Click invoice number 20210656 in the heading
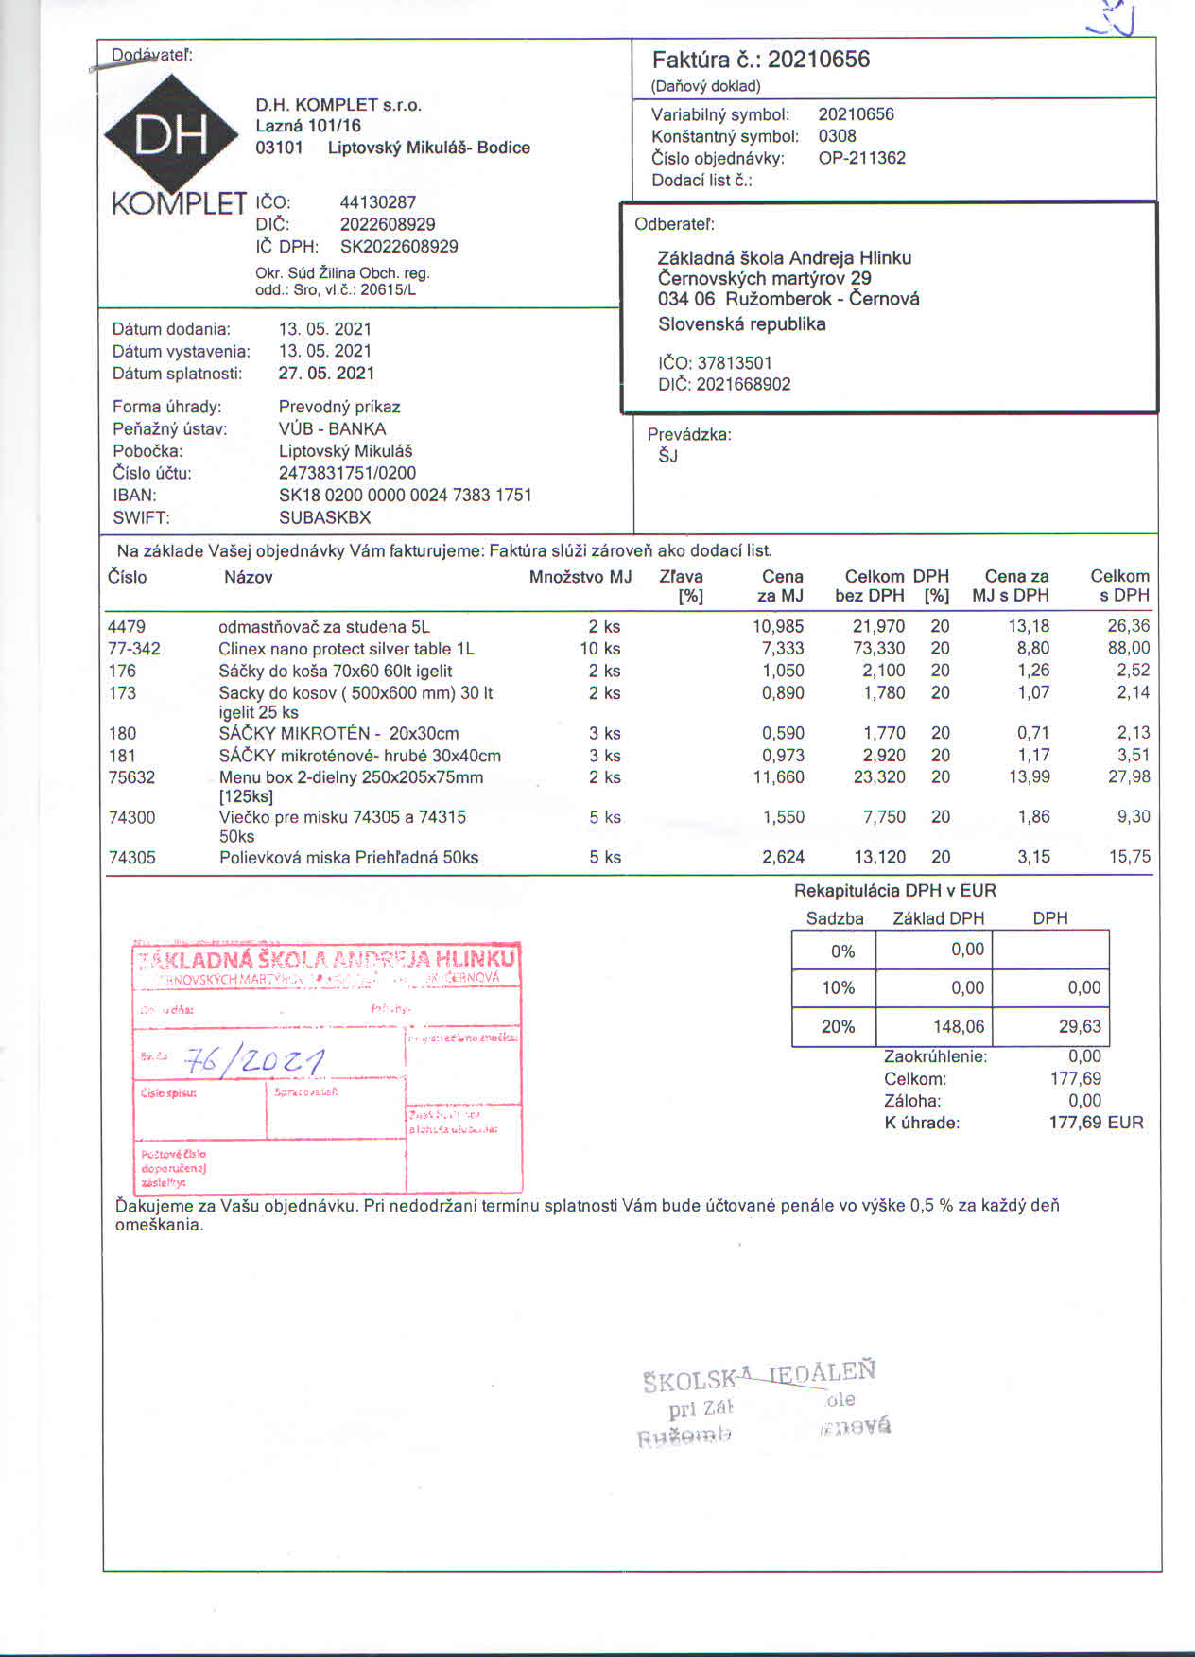(818, 60)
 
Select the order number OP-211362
(861, 158)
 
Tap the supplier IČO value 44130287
(377, 202)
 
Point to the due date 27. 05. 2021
(326, 374)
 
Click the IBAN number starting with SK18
(405, 496)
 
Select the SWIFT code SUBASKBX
(324, 518)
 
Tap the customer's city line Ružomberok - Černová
(788, 300)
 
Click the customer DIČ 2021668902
(743, 385)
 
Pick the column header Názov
(248, 578)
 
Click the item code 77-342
(134, 650)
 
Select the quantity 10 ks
(599, 650)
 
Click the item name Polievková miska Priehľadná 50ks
(348, 859)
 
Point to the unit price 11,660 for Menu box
(778, 777)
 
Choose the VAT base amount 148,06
(959, 1027)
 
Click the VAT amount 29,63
(1079, 1027)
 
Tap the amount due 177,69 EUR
(1096, 1124)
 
